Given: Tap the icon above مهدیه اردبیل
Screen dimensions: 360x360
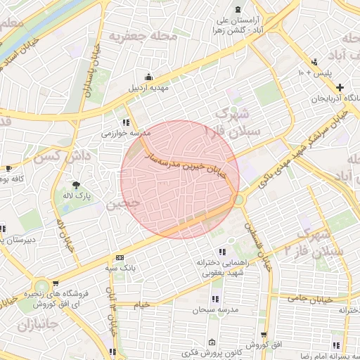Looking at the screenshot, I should (148, 77).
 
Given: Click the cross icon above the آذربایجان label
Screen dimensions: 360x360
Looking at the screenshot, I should (340, 87).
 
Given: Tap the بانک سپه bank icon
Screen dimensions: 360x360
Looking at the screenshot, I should (119, 257).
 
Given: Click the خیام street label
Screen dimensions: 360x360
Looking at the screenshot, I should (142, 304).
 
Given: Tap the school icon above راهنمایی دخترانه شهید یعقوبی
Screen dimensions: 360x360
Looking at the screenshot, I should (222, 251).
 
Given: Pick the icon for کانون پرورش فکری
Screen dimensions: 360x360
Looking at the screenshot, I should (212, 342).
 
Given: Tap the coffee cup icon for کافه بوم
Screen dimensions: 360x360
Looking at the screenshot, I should (8, 169).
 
